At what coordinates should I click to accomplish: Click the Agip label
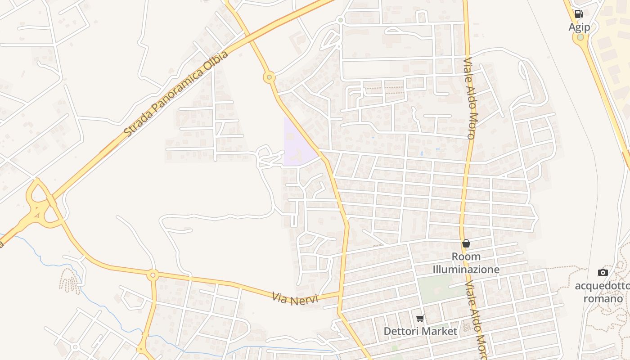(579, 27)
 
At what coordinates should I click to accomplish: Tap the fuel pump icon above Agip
(579, 14)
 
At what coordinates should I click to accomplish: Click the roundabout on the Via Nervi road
(153, 274)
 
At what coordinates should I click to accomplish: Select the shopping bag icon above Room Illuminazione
(466, 243)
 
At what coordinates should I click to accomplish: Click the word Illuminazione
(466, 270)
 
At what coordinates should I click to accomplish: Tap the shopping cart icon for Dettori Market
(420, 319)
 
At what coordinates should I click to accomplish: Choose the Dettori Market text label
(420, 332)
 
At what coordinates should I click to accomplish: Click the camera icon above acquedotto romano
(603, 272)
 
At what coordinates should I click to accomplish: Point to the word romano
(603, 298)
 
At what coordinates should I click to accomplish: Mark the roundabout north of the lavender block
(269, 77)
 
